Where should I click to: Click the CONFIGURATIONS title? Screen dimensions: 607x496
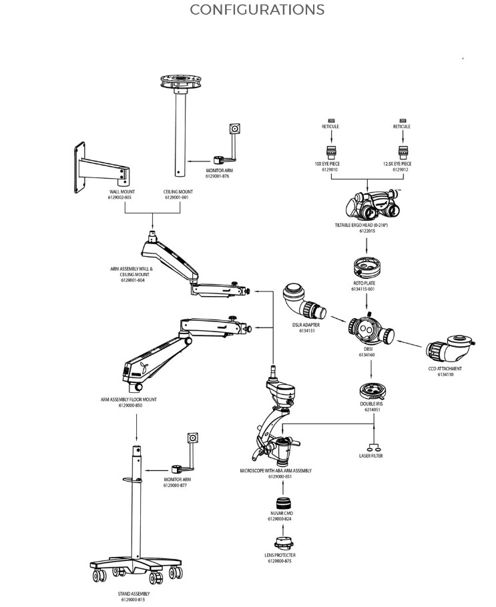click(257, 10)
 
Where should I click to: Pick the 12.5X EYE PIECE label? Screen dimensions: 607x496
click(397, 163)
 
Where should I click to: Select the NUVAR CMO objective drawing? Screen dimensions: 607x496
click(281, 502)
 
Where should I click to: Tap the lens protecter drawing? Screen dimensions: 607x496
click(280, 542)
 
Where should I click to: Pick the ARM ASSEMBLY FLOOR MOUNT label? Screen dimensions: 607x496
click(129, 400)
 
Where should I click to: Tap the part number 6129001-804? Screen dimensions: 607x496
click(132, 280)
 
